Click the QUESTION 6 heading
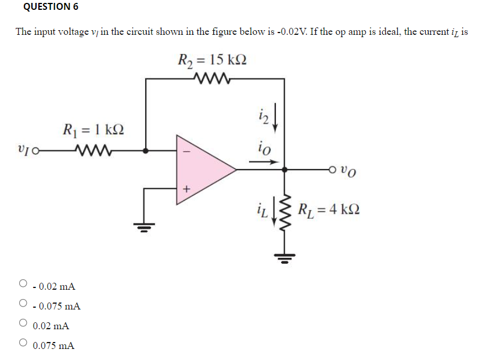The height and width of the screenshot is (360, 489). (x=52, y=7)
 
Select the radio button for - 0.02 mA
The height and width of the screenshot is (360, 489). (x=24, y=283)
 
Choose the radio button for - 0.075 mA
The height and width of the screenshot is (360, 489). (x=24, y=303)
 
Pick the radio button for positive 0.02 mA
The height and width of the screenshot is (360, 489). (x=24, y=323)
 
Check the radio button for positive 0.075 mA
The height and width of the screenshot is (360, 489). (x=24, y=343)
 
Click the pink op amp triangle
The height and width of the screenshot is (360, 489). (x=203, y=169)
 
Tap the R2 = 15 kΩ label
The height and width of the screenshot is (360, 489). (x=214, y=60)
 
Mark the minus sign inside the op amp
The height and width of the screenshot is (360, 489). (x=186, y=150)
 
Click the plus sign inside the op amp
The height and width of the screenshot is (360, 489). (x=186, y=189)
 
